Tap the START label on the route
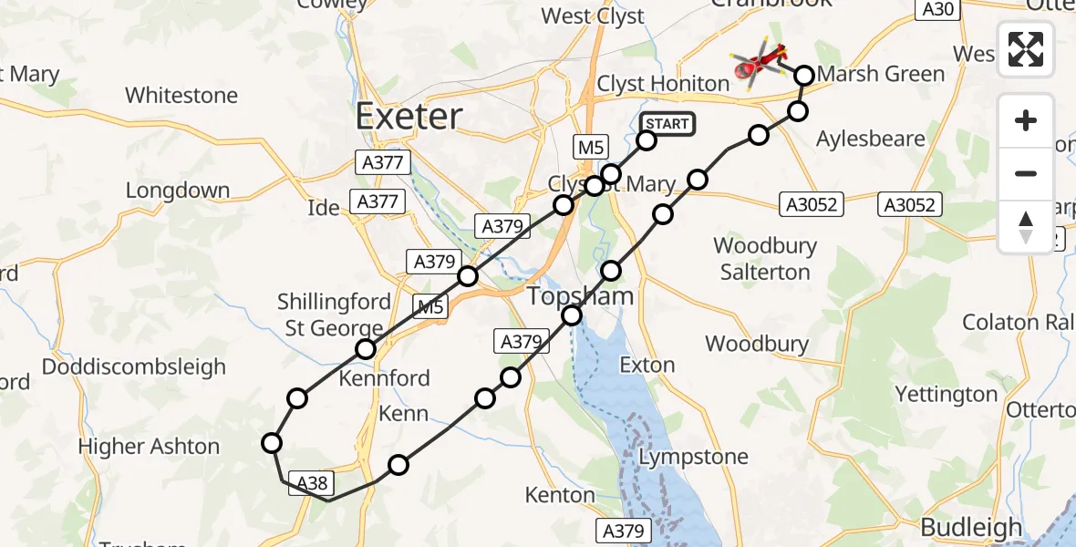coord(667,124)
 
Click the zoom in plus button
coord(1026,121)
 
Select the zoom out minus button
coord(1026,173)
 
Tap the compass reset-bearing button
coord(1026,226)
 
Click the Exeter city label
coord(409,117)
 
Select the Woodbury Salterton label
coord(765,259)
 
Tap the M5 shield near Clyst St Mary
coord(589,145)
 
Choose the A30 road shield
coord(937,9)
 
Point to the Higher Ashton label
coord(149,447)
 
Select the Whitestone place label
coord(181,95)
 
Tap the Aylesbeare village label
coord(870,139)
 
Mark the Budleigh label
coord(971,527)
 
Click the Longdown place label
coord(178,191)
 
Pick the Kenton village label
coord(560,495)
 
